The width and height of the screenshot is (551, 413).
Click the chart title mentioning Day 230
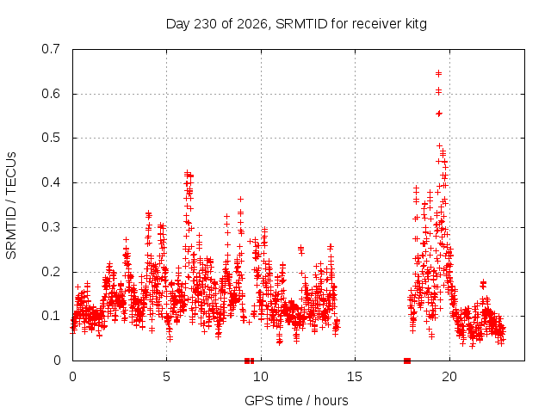(296, 24)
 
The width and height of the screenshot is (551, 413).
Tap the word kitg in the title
(414, 24)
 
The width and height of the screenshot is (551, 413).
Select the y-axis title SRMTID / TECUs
(11, 206)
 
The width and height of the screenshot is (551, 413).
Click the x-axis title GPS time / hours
(296, 400)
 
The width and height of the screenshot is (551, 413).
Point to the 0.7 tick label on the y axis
(51, 49)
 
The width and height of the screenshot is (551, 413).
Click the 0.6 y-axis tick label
(51, 94)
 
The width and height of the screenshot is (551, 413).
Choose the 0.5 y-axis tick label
(51, 138)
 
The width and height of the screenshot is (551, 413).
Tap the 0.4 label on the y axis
(51, 182)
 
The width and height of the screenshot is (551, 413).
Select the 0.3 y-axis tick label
(51, 227)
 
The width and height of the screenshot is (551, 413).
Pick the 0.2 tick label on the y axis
(51, 272)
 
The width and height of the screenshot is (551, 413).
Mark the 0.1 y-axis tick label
(51, 316)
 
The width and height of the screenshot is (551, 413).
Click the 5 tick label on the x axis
(166, 377)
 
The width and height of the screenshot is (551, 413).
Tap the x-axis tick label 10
(260, 377)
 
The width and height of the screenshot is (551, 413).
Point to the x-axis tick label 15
(355, 377)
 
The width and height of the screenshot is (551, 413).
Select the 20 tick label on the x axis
(449, 377)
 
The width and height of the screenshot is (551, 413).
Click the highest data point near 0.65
(438, 73)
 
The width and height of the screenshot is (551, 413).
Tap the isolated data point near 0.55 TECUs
(438, 114)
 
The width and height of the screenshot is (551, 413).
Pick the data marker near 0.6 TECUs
(438, 91)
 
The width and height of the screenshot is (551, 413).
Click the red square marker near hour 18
(407, 361)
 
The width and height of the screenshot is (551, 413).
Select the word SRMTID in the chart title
(301, 24)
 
